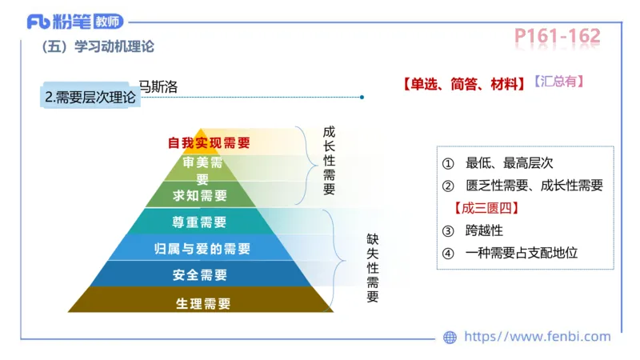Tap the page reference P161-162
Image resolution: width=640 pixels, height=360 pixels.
(557, 36)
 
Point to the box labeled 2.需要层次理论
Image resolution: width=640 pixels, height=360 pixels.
(90, 98)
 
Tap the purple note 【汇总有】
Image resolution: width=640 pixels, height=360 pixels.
(558, 82)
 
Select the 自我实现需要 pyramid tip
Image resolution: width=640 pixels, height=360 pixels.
(208, 143)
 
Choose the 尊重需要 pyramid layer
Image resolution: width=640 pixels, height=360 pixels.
(200, 222)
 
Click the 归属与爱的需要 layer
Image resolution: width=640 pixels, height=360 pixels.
(201, 249)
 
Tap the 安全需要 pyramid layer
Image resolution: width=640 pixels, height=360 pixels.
(200, 275)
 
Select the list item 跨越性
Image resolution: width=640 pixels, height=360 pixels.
(484, 231)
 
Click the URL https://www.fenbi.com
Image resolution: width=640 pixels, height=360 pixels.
(537, 337)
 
